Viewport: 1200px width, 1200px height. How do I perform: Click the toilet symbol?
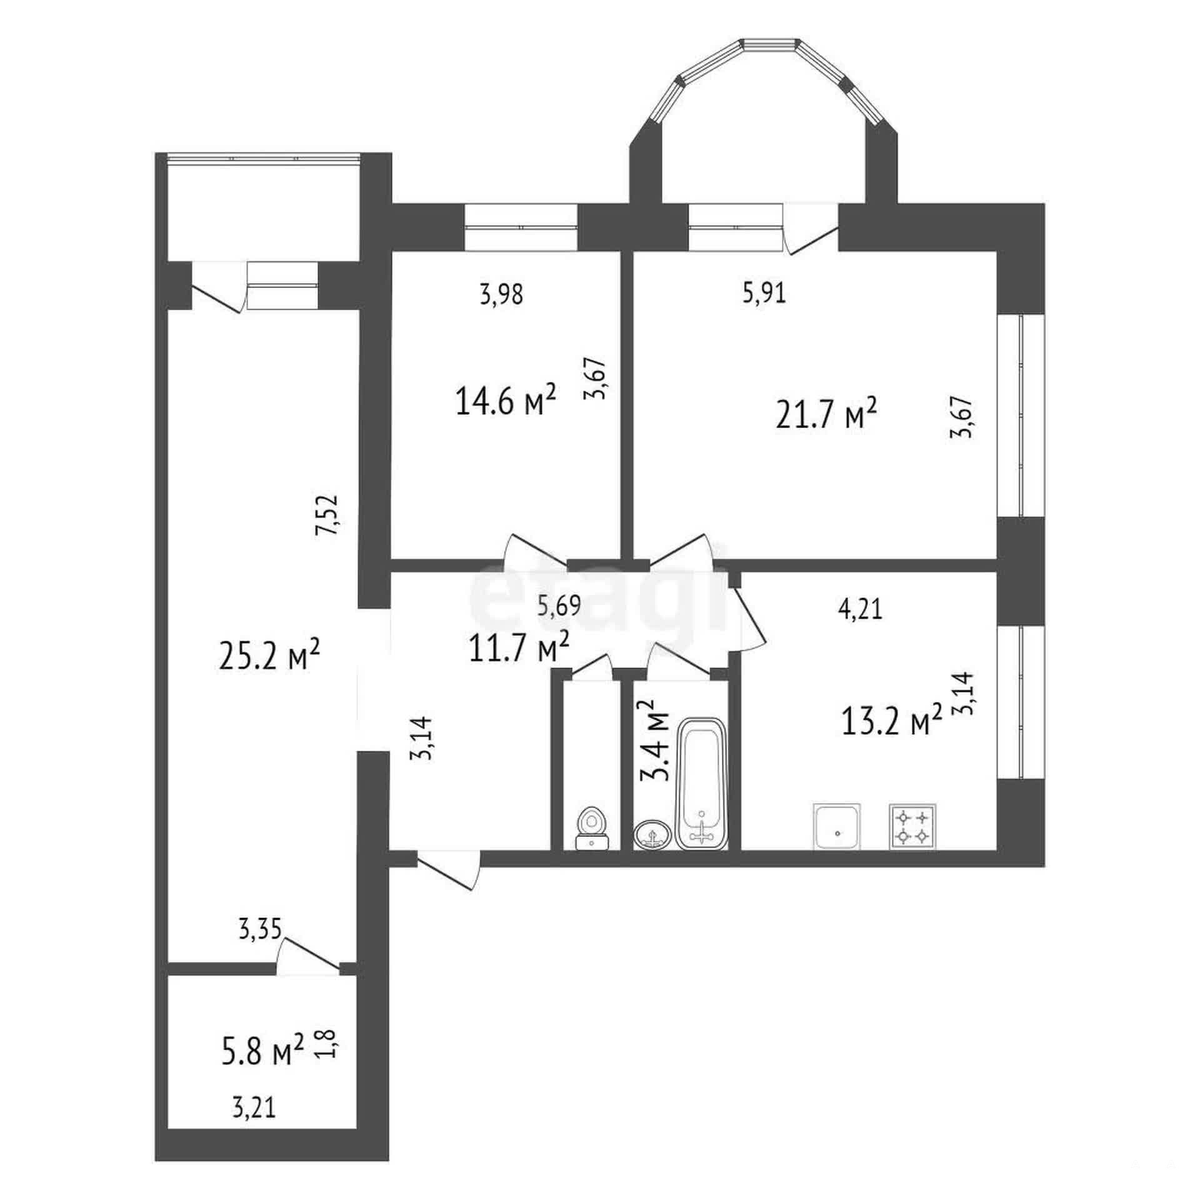pos(591,829)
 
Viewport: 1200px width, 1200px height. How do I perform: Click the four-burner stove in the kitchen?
pos(912,826)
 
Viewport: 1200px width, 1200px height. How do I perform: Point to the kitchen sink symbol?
pos(836,826)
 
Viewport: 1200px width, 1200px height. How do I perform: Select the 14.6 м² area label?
pos(506,400)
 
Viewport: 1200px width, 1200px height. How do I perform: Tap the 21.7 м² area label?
pos(826,414)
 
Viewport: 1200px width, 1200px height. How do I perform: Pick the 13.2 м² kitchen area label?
pos(892,721)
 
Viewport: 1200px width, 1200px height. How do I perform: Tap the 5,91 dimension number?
pos(764,293)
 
